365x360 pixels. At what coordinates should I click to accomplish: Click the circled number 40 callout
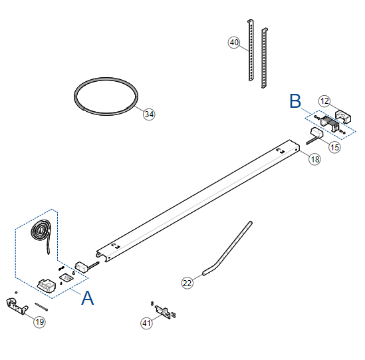(234, 43)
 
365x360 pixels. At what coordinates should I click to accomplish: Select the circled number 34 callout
(149, 114)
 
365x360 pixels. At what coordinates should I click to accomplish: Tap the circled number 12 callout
(324, 101)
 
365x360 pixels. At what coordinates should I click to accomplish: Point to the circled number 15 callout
(334, 147)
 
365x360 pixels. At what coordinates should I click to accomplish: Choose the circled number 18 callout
(314, 160)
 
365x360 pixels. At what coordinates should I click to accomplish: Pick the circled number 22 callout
(187, 283)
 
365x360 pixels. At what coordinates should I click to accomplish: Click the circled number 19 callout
(40, 322)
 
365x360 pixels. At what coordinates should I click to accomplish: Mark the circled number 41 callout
(146, 323)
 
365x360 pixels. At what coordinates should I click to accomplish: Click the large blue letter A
(88, 298)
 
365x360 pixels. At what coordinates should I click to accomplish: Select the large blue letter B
(295, 101)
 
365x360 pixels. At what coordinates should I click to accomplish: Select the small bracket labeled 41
(162, 312)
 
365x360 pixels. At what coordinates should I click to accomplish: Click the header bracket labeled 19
(17, 306)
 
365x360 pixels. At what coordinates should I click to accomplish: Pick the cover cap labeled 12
(343, 116)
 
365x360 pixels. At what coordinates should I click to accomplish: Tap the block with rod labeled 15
(317, 133)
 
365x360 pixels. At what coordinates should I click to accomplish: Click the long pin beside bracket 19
(41, 307)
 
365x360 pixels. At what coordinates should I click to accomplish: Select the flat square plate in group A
(66, 277)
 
